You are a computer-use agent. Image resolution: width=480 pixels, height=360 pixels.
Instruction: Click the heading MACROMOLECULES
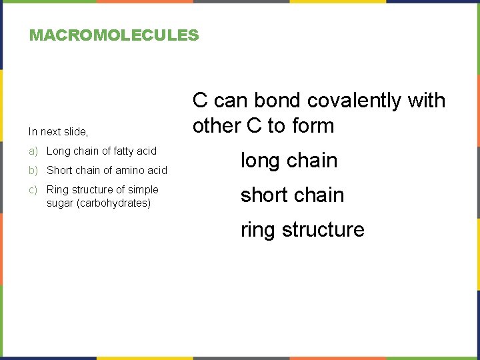point(114,35)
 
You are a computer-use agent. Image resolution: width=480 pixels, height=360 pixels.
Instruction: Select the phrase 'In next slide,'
point(58,132)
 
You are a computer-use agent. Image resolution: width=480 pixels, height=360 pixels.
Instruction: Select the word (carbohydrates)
point(114,203)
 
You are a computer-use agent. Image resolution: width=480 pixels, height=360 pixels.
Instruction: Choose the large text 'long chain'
point(289,161)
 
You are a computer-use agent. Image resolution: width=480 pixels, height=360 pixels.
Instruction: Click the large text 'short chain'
point(292,195)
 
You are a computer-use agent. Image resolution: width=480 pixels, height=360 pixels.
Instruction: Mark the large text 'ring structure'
point(302,230)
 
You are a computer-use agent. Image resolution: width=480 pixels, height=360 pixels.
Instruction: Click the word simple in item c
point(143,190)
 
